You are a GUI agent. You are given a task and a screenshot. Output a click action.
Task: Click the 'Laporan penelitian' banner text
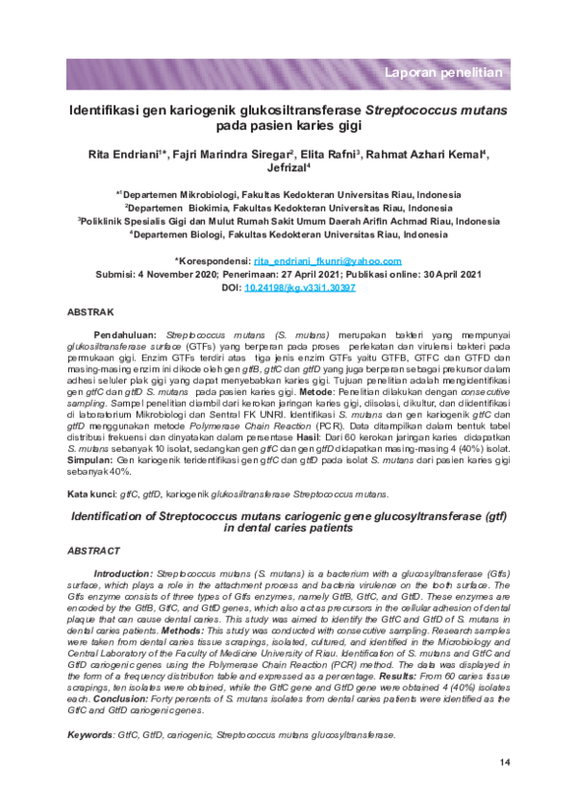point(443,73)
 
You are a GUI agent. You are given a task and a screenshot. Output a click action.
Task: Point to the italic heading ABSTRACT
point(94,552)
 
